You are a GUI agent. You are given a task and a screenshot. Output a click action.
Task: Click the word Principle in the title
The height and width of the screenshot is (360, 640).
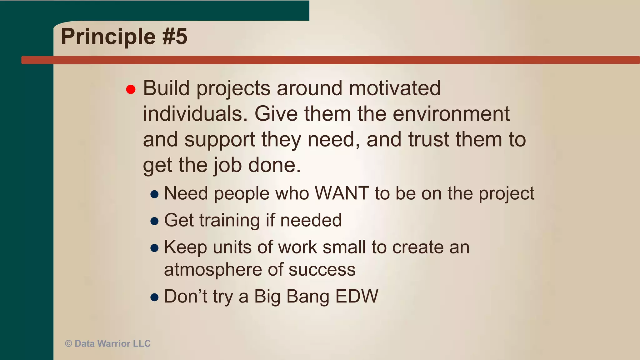click(x=108, y=37)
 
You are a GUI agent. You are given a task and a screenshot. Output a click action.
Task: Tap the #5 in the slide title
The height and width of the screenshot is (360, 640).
click(x=175, y=37)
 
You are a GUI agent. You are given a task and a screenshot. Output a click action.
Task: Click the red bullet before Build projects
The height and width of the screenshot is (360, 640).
click(x=131, y=90)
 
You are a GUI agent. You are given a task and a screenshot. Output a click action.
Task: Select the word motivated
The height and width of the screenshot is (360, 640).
click(x=395, y=88)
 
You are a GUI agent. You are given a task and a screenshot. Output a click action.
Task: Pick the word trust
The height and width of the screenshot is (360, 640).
click(x=428, y=139)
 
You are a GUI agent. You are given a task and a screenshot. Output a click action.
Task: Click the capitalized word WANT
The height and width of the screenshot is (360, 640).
click(x=342, y=193)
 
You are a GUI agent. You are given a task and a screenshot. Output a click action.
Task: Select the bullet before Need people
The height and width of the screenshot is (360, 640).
click(x=154, y=194)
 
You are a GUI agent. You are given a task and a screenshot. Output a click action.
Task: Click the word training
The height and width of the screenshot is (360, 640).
click(x=229, y=221)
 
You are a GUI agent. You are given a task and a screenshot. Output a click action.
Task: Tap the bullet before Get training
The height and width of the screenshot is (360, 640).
click(x=154, y=221)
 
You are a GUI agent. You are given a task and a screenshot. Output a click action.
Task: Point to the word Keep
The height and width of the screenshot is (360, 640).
click(x=185, y=247)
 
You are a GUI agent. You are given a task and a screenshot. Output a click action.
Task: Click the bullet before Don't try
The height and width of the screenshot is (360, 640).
click(x=154, y=297)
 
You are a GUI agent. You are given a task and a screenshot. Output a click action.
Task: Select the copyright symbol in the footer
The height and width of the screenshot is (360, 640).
click(x=68, y=344)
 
